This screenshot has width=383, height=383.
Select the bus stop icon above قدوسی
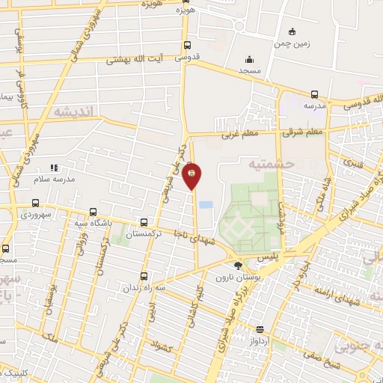(188, 44)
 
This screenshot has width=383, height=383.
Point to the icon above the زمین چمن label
(292, 32)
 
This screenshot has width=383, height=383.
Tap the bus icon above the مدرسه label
(313, 95)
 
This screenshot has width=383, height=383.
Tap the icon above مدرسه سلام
(53, 168)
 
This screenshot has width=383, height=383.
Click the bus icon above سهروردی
(35, 203)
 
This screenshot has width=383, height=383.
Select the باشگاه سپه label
(94, 223)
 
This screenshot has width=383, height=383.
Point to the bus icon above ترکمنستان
(144, 222)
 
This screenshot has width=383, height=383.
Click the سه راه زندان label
(144, 288)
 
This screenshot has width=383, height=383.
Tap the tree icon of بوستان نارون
(238, 266)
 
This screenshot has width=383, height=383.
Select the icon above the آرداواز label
(260, 329)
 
